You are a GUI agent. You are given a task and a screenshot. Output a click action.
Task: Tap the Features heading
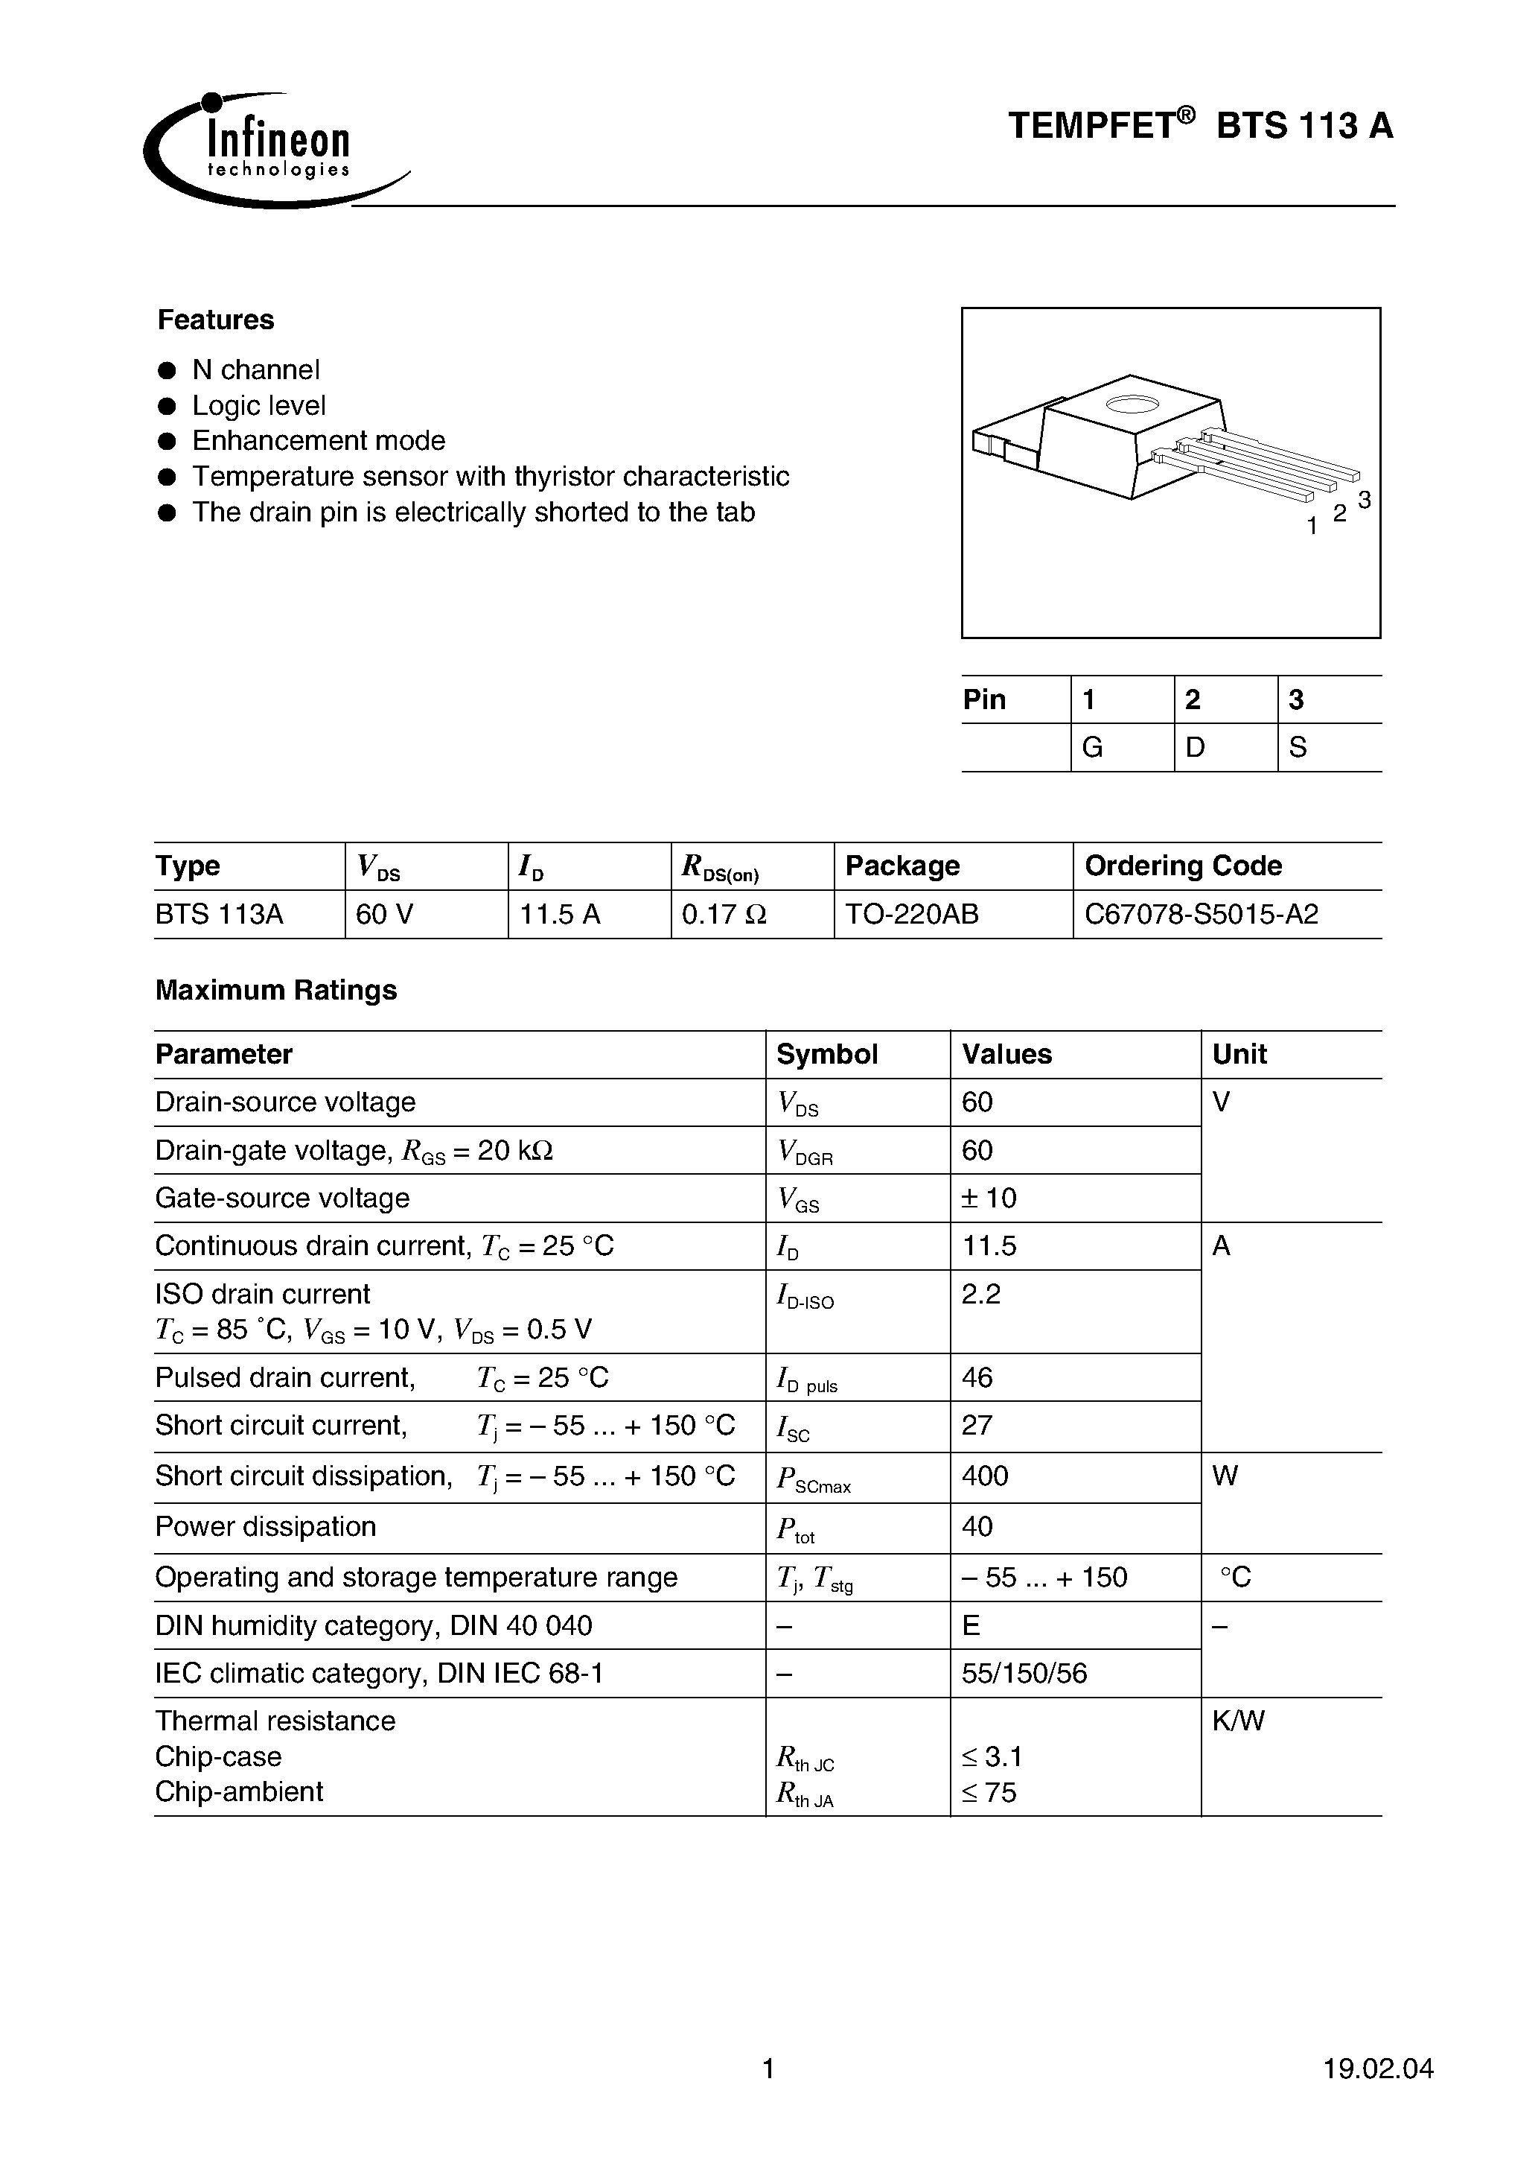pos(215,320)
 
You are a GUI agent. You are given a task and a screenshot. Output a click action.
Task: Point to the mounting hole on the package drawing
pos(1132,405)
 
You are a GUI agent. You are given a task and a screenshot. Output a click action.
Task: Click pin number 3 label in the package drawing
pos(1364,500)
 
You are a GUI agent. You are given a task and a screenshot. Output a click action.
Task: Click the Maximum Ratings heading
pos(276,989)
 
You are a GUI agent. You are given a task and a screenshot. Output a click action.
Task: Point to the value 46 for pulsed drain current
pos(977,1377)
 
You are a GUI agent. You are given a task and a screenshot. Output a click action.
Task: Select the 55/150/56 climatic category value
pos(1024,1673)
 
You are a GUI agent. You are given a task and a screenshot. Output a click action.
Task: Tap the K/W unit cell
pos(1237,1721)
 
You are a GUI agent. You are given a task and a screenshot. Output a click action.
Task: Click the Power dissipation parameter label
pos(266,1526)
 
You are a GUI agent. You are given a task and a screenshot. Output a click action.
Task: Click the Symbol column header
pos(827,1054)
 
